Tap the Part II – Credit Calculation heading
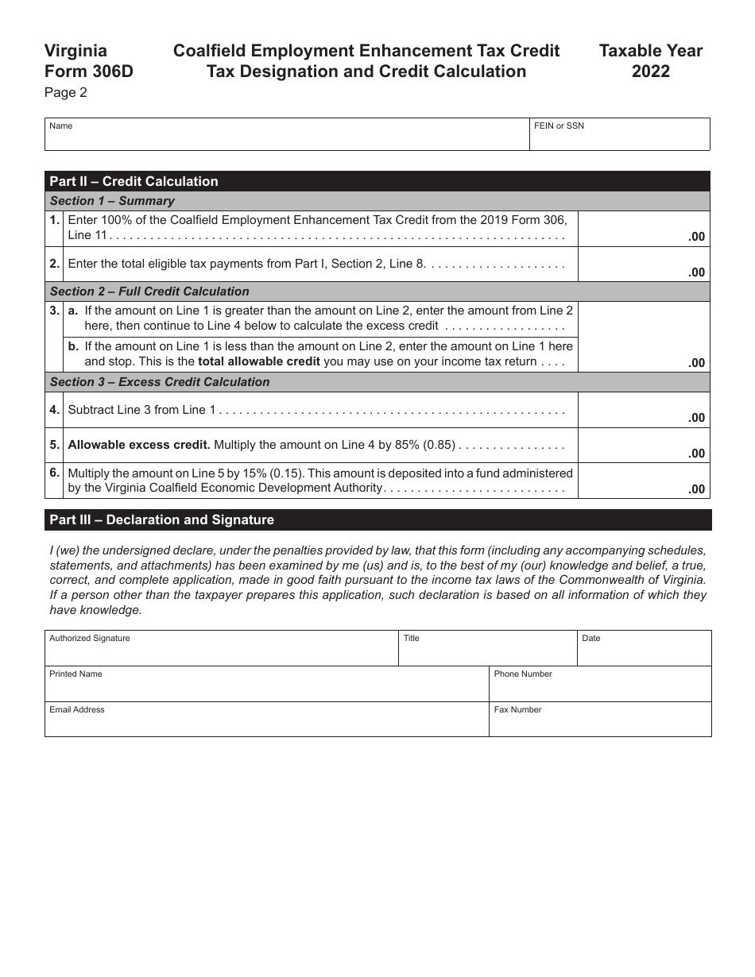click(134, 181)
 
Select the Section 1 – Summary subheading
click(112, 201)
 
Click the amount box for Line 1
click(643, 229)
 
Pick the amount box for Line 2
click(643, 264)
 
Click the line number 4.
click(54, 410)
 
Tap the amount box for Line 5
click(643, 446)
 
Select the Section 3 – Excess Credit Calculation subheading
click(160, 382)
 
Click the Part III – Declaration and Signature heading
click(161, 520)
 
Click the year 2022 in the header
click(650, 71)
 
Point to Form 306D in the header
click(89, 71)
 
